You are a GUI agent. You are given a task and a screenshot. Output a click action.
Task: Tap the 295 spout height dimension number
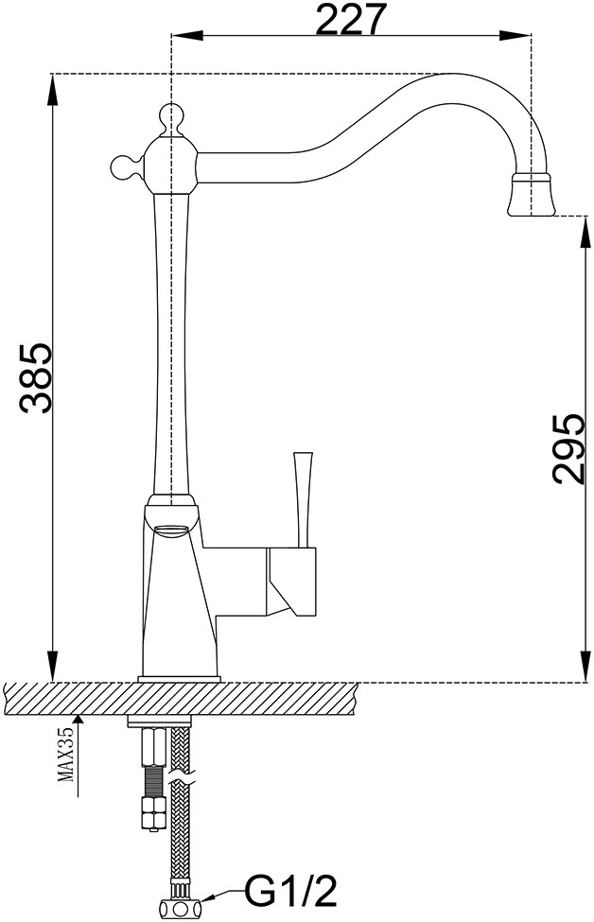567,448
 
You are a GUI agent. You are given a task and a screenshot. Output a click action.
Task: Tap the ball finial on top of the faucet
170,117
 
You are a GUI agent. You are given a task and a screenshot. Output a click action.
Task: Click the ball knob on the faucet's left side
121,167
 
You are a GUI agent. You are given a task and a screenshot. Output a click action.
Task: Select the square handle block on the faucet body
297,578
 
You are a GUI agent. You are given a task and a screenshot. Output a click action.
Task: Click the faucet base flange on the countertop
180,678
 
